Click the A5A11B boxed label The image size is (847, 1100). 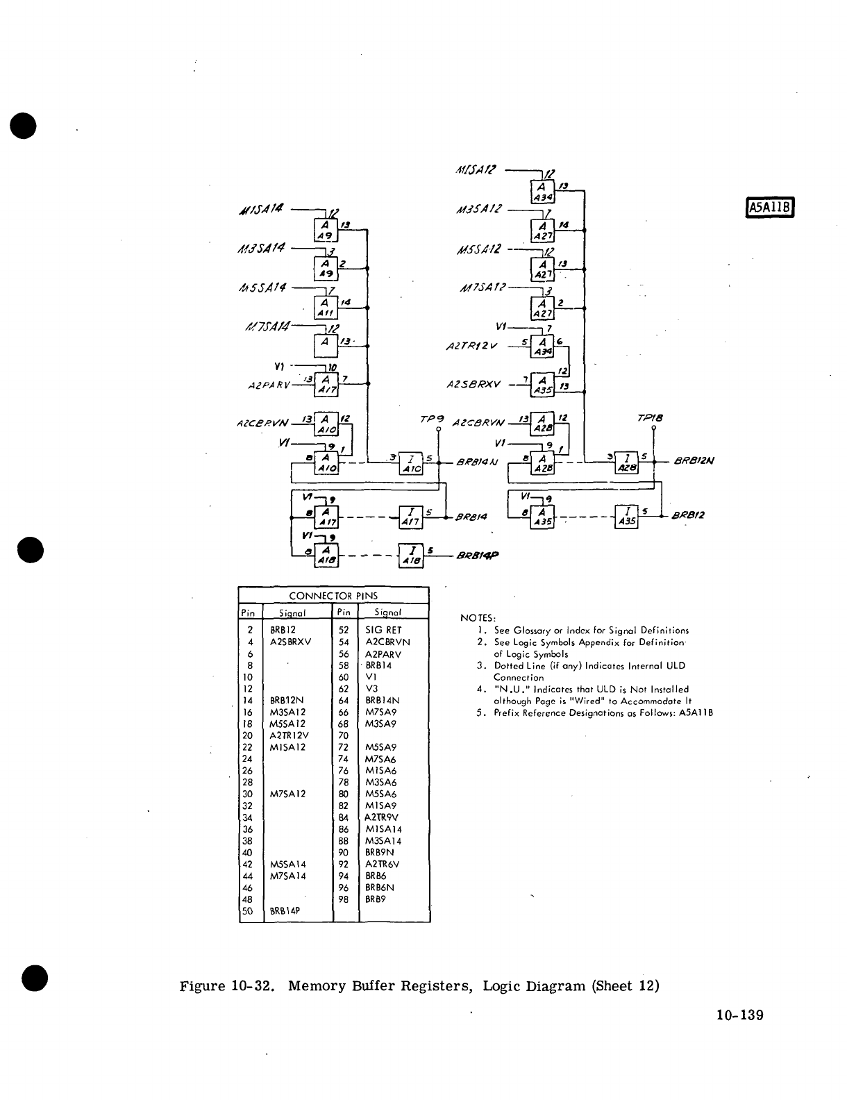click(x=769, y=208)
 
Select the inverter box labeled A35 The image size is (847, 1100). click(x=628, y=517)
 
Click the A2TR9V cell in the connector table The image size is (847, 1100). click(x=382, y=817)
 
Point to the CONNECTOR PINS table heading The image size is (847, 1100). click(x=333, y=596)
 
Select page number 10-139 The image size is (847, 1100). click(x=739, y=1016)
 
